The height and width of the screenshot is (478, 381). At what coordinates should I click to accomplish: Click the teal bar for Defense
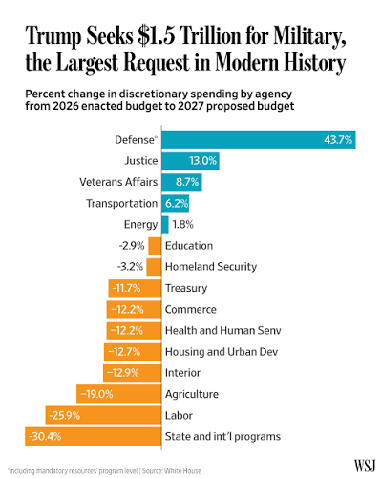(259, 139)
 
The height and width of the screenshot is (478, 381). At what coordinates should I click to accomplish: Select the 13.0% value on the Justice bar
(202, 161)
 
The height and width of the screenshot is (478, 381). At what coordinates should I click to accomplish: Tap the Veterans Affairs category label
(118, 182)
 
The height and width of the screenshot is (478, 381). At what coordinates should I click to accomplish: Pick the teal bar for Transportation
(175, 203)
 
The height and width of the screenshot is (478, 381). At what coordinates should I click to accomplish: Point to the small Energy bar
(165, 224)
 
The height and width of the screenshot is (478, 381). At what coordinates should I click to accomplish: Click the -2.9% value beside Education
(132, 246)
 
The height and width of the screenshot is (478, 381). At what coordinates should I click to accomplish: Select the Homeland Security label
(211, 267)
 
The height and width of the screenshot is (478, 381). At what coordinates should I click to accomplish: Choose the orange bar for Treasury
(135, 288)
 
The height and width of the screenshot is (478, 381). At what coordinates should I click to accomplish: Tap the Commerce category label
(191, 309)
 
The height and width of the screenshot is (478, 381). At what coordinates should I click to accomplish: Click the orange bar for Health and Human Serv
(134, 330)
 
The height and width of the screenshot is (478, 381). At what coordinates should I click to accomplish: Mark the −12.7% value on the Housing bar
(124, 352)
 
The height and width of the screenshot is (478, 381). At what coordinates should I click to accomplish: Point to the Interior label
(182, 373)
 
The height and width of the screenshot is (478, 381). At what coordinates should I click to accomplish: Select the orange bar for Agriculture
(118, 394)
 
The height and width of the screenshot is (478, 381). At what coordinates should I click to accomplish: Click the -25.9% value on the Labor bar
(65, 415)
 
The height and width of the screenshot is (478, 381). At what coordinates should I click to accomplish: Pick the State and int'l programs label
(222, 436)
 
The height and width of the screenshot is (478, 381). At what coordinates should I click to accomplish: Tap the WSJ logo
(365, 466)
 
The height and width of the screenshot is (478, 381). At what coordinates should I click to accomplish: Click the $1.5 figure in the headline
(157, 35)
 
